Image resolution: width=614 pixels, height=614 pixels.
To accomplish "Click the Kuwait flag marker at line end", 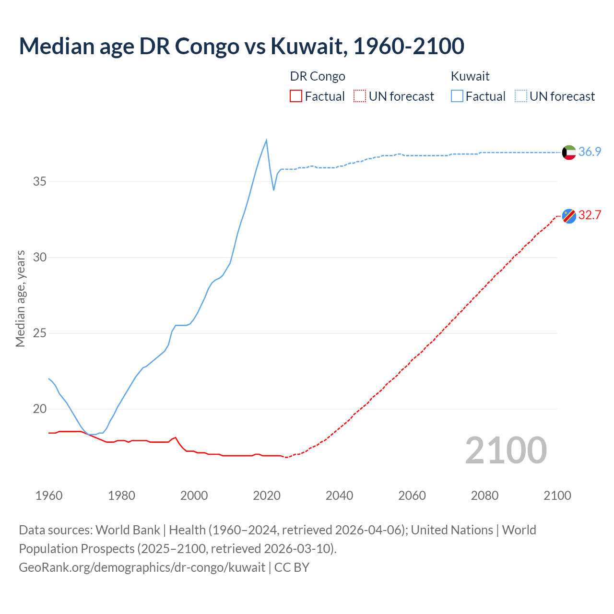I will pos(569,152).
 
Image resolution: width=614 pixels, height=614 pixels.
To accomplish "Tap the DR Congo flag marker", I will pos(569,216).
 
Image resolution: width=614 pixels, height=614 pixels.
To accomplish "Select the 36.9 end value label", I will pos(590,152).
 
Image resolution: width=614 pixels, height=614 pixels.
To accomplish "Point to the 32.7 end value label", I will pos(590,215).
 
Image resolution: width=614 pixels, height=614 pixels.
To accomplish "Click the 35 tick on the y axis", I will pos(40,181).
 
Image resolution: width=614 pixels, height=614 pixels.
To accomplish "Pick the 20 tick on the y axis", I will pos(40,409).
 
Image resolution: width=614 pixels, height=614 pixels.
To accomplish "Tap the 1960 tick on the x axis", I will pos(49,496).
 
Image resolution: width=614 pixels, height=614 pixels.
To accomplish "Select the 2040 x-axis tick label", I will pos(339,496).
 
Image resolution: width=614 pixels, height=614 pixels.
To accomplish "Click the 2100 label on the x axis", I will pos(557,496).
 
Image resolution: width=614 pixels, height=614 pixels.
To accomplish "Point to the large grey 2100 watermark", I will pos(506,450).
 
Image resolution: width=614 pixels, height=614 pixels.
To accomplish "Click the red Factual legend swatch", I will pos(296,96).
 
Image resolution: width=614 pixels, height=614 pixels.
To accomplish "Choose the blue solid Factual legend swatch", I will pos(457,96).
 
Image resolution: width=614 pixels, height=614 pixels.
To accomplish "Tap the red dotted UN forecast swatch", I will pos(360,96).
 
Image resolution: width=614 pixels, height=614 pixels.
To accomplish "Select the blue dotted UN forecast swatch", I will pos(520,96).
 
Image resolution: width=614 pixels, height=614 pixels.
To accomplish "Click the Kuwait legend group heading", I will pos(470,76).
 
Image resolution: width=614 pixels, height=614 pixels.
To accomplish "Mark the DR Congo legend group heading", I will pos(318,76).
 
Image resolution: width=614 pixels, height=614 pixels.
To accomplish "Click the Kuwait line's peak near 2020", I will pos(266,140).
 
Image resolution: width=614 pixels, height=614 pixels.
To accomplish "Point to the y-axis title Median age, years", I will pos(20,298).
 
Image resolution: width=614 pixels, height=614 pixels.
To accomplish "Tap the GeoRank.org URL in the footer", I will pos(142,567).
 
